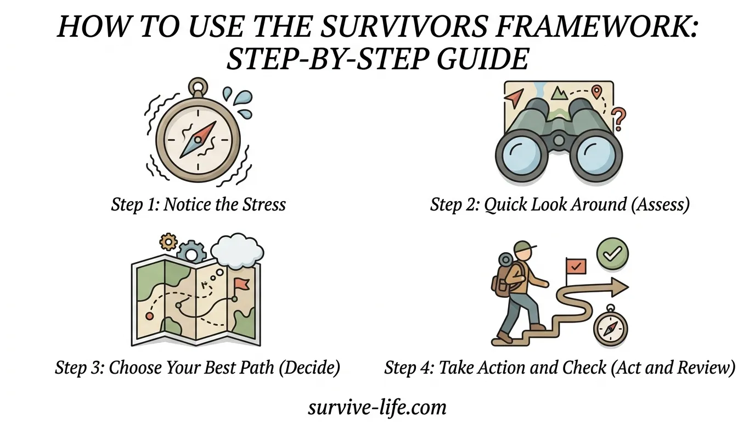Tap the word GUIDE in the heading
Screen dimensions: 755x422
pos(482,59)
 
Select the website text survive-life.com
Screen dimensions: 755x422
pos(377,408)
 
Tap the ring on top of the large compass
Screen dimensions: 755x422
pos(198,87)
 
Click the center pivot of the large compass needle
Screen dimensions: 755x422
pos(198,140)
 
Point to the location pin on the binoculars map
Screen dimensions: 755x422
pos(596,92)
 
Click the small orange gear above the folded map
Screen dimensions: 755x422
pos(168,241)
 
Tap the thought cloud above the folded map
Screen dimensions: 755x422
pos(237,251)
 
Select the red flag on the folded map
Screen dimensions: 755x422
pos(240,286)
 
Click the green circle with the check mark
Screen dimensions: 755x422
pos(612,253)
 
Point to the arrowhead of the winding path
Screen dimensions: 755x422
pos(619,287)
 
